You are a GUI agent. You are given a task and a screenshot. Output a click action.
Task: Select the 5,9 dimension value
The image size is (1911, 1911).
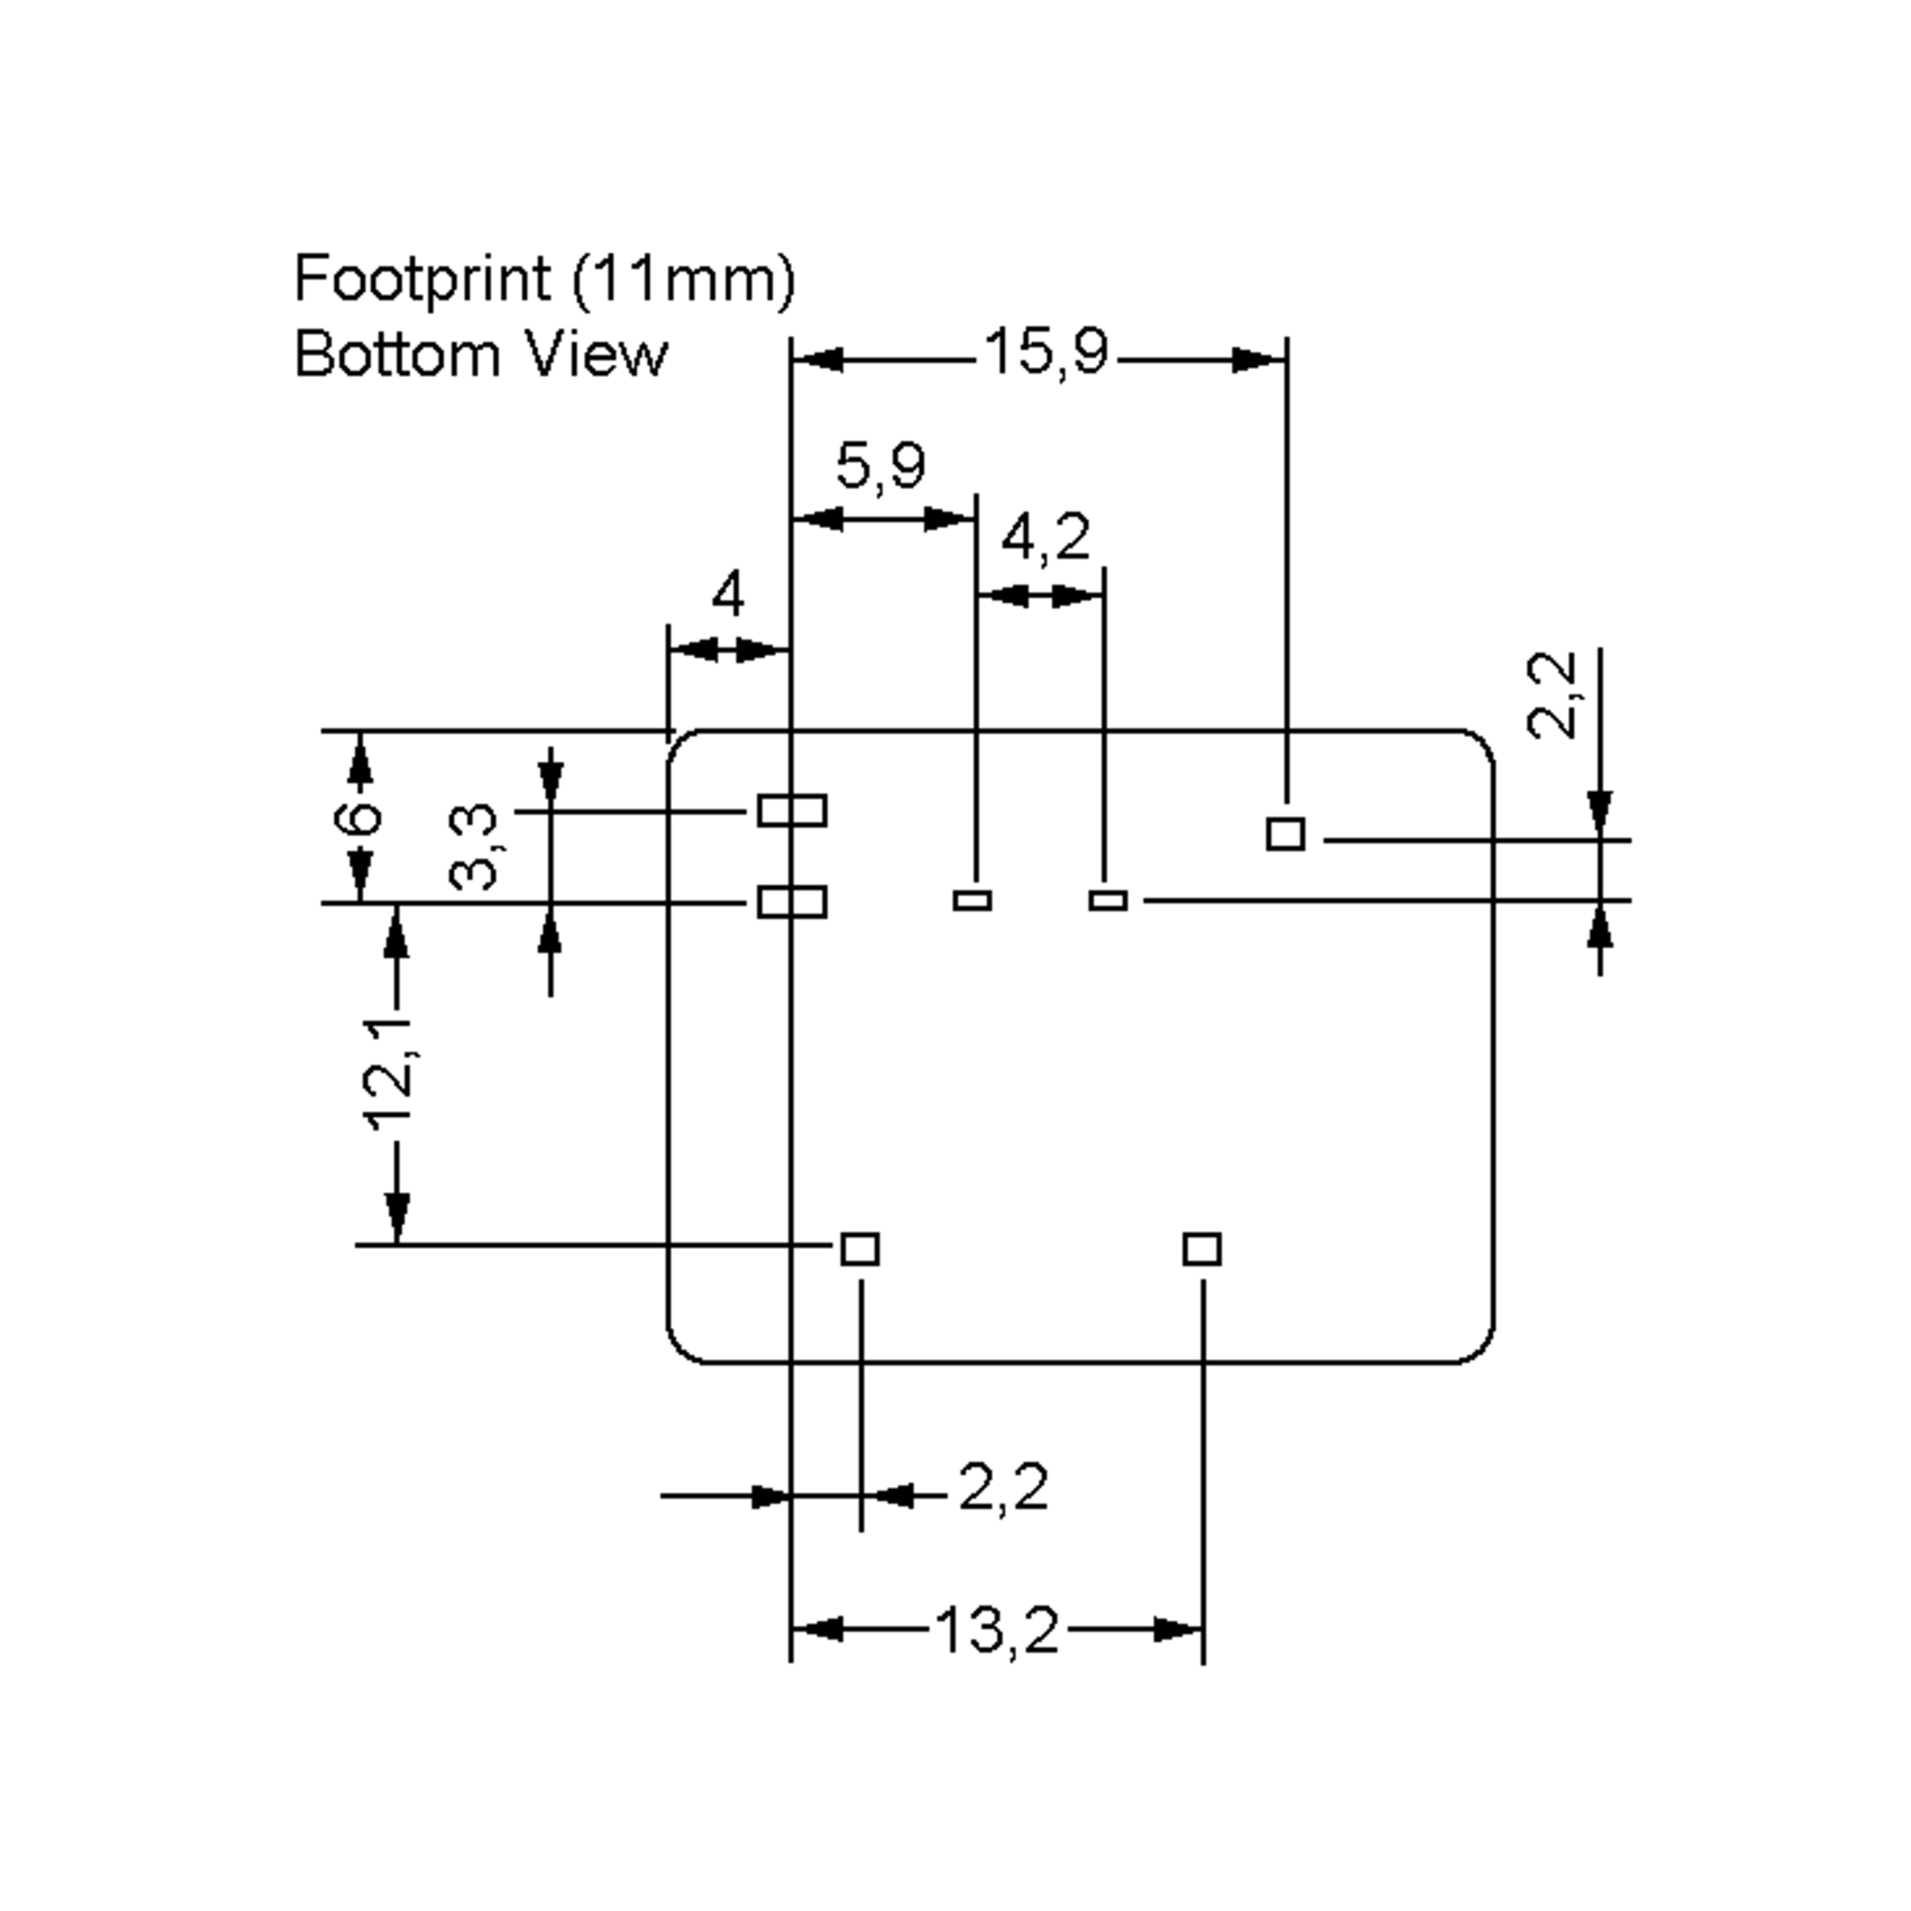(881, 467)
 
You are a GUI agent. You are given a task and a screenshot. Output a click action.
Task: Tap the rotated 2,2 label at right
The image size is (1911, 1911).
(1551, 695)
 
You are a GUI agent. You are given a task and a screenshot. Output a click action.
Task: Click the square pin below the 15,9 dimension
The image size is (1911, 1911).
(1285, 834)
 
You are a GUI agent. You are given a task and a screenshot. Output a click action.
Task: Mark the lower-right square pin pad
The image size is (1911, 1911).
(1202, 1249)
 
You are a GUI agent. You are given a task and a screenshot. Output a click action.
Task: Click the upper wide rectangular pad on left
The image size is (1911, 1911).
(792, 811)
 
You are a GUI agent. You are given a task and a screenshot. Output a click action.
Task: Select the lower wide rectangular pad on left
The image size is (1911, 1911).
(792, 902)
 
